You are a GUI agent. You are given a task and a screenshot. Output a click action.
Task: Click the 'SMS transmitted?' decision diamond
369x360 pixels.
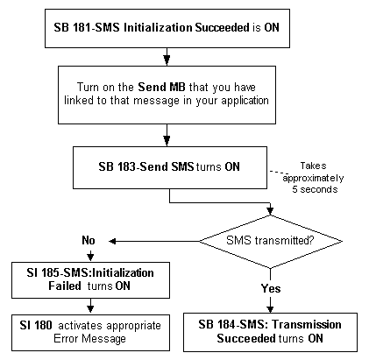click(x=271, y=241)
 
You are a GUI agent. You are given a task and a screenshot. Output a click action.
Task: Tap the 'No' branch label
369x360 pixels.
click(x=89, y=240)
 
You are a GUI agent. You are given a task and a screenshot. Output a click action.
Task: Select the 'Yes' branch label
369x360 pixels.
click(x=271, y=288)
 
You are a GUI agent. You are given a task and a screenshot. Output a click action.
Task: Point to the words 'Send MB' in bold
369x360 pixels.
click(x=161, y=87)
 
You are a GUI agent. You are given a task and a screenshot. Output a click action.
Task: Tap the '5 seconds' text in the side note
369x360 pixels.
click(x=315, y=189)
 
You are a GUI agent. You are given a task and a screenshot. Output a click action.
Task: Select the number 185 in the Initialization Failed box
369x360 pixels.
click(x=51, y=272)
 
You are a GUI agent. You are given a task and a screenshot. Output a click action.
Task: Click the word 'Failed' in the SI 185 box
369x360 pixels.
click(x=65, y=286)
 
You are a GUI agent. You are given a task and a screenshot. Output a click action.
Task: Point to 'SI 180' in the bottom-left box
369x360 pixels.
click(x=36, y=325)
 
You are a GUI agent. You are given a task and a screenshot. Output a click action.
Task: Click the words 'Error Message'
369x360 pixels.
click(x=89, y=339)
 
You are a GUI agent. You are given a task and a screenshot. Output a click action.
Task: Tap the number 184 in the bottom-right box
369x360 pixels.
click(x=227, y=324)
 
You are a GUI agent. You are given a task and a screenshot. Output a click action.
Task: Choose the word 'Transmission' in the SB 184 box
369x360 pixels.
click(x=307, y=324)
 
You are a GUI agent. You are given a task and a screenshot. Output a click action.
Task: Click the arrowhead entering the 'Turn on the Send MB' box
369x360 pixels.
click(x=167, y=60)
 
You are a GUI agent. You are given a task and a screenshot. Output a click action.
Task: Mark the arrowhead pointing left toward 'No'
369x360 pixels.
click(x=112, y=241)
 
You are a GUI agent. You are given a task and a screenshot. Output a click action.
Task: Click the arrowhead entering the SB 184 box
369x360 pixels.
click(x=270, y=309)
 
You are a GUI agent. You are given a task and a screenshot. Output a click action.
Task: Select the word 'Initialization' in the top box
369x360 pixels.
click(x=158, y=27)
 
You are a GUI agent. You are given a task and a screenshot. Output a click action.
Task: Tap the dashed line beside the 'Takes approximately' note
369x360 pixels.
click(x=279, y=173)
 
